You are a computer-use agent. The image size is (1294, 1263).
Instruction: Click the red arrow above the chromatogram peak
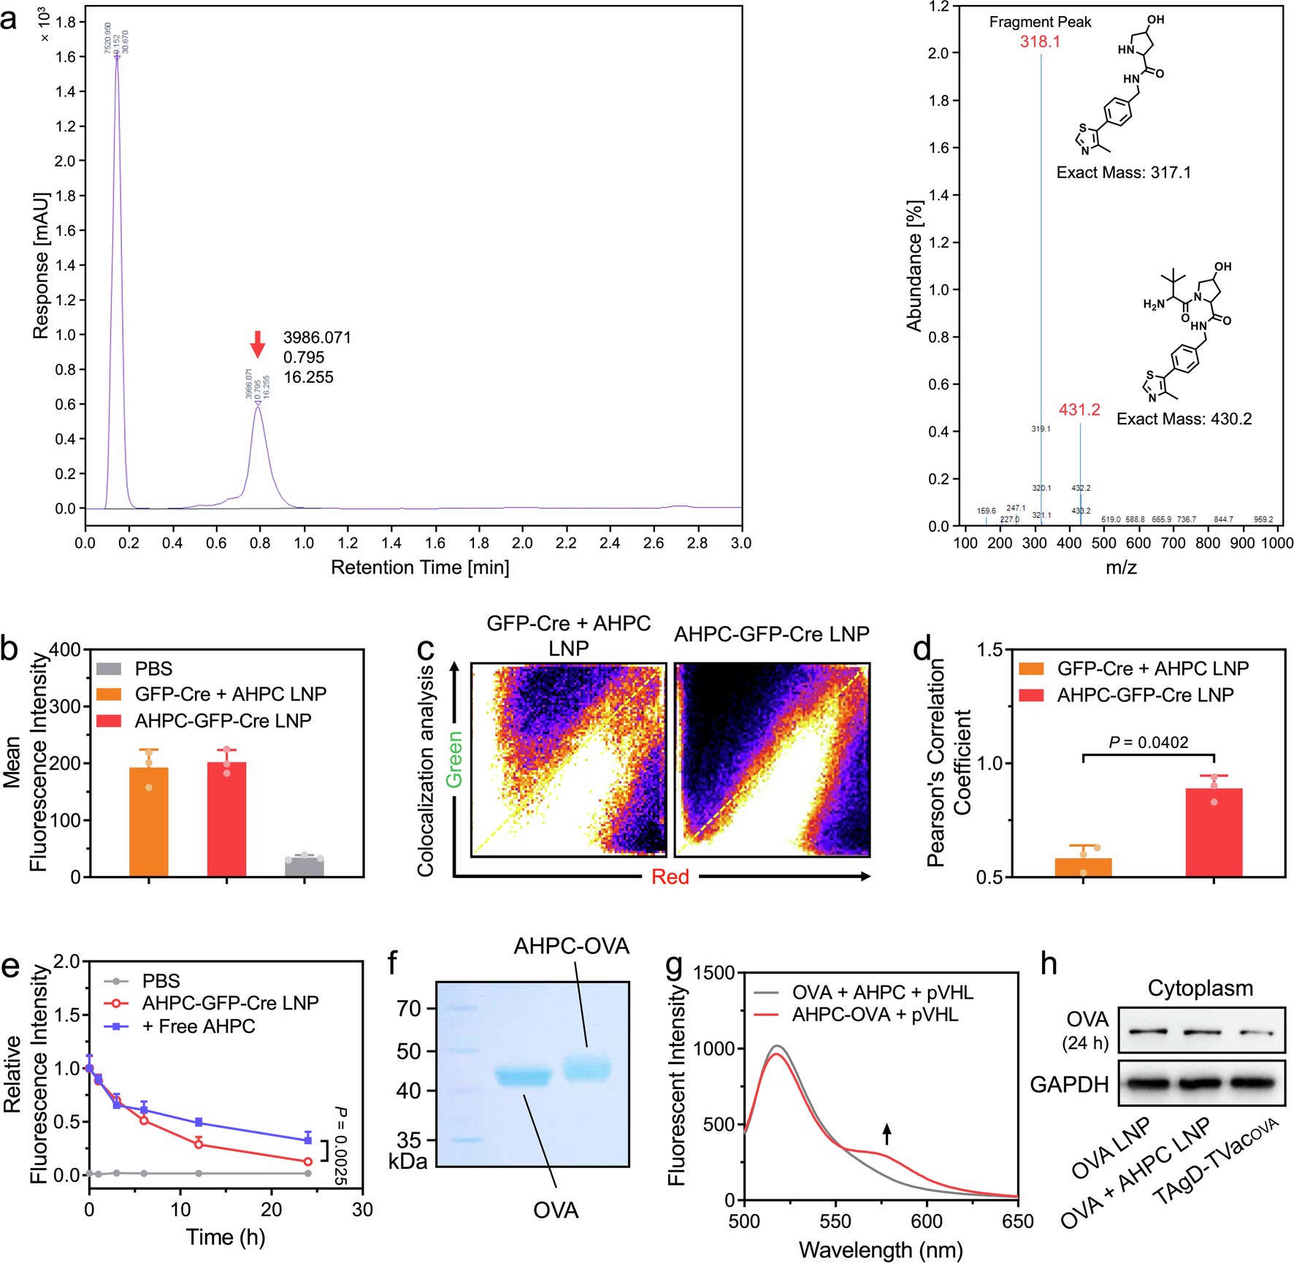[x=257, y=344]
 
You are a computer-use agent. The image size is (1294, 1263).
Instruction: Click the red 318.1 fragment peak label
[x=1040, y=42]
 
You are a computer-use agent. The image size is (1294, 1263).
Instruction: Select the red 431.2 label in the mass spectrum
[x=1079, y=410]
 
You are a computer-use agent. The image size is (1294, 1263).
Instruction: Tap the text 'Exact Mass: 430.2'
[x=1184, y=419]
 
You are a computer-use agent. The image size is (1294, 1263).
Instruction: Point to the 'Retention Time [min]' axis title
[x=420, y=568]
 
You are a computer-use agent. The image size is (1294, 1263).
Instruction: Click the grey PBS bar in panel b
[x=304, y=867]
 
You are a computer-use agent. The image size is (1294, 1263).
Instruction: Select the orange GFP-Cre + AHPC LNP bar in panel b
[x=149, y=822]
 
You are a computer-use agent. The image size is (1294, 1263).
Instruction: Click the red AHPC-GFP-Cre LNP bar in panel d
[x=1214, y=833]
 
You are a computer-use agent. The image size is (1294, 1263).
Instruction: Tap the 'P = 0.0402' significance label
[x=1148, y=743]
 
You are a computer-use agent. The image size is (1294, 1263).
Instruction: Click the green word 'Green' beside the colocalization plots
[x=454, y=759]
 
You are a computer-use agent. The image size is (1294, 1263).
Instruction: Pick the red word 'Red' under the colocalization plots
[x=670, y=877]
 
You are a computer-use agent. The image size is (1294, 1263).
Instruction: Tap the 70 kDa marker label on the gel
[x=409, y=1009]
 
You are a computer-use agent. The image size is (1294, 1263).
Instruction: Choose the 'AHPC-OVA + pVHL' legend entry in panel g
[x=875, y=1015]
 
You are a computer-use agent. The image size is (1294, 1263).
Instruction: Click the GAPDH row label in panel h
[x=1069, y=1085]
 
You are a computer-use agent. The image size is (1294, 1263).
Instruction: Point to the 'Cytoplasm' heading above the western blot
[x=1200, y=988]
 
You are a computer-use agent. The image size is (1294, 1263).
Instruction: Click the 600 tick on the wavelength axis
[x=927, y=1221]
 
